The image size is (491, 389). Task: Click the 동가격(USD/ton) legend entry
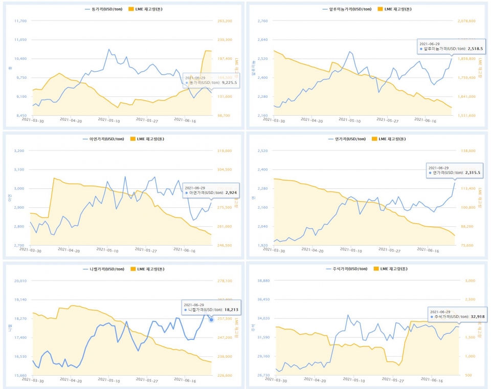(100, 9)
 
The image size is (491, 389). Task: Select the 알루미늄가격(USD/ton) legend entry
(345, 9)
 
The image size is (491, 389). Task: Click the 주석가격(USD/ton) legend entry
(348, 269)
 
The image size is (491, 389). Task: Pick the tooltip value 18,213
(228, 310)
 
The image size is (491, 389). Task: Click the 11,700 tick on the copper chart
(35, 21)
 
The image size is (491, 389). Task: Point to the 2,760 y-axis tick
(276, 21)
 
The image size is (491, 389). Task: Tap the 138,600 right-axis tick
(466, 151)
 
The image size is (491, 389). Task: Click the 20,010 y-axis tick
(35, 281)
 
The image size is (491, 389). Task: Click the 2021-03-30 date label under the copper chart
(32, 120)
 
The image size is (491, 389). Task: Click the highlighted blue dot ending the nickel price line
(211, 320)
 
